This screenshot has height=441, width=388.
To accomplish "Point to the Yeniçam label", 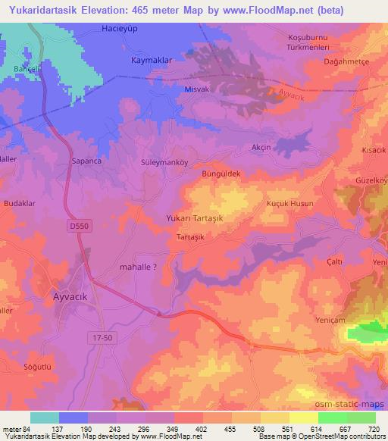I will point(331,321).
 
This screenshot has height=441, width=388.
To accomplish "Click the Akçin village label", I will point(261,148).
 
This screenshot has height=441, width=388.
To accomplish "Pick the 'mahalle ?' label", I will point(139,267).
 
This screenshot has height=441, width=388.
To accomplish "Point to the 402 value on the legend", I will point(201,428).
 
